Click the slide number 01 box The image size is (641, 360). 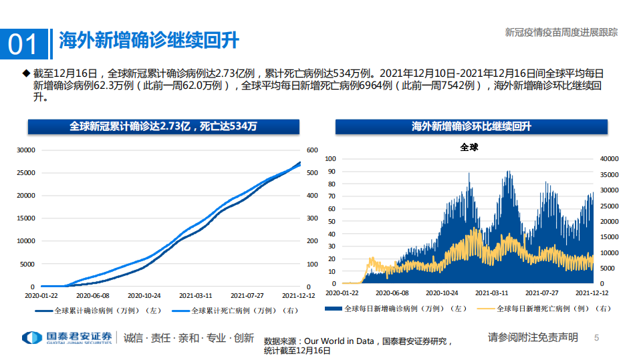[x=24, y=43]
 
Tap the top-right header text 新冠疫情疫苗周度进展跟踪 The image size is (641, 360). [x=561, y=31]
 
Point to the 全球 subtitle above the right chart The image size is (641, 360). [x=469, y=147]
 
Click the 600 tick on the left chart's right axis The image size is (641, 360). [x=312, y=150]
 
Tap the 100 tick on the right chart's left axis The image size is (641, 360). [x=330, y=159]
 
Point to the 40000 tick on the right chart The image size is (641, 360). [x=610, y=159]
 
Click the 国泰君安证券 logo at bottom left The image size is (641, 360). [x=67, y=337]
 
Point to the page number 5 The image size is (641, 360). [x=597, y=338]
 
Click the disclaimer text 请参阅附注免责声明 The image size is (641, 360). [x=533, y=337]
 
